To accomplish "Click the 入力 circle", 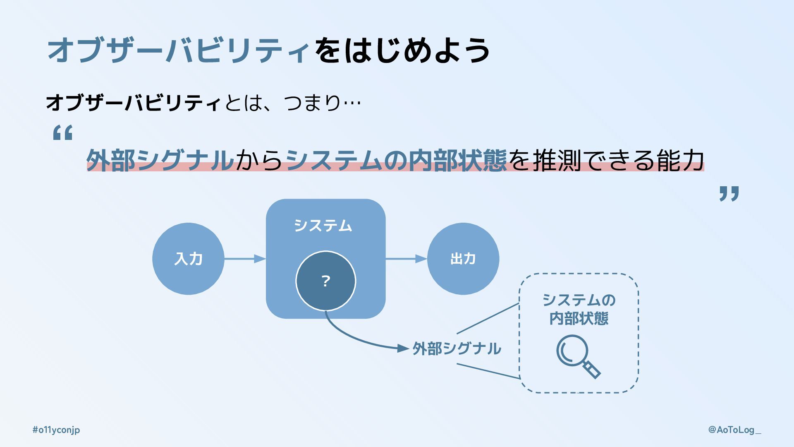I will point(188,259).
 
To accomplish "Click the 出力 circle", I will point(463,259).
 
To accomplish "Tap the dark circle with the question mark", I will point(325,281).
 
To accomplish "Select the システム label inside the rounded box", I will point(323,226).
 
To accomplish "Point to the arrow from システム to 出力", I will point(406,259).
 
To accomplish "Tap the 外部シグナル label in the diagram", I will point(457,348).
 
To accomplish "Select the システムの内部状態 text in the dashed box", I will point(579,309).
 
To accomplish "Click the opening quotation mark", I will point(63,133).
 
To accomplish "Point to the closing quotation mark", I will point(729,194).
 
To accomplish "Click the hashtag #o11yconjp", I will point(56,430).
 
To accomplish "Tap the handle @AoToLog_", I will point(734,430).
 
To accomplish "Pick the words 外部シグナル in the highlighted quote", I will point(160,161).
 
